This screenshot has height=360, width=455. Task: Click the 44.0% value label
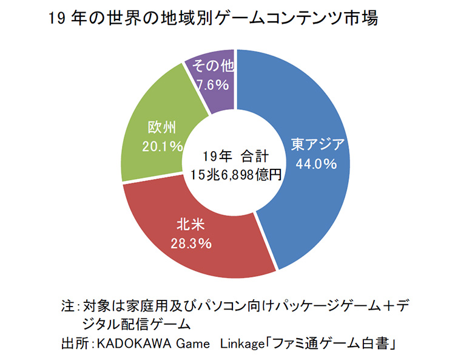tap(315, 164)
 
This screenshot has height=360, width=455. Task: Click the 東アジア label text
tap(317, 144)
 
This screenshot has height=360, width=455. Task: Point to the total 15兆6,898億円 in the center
tap(235, 175)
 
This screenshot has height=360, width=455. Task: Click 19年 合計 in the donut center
tap(236, 155)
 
